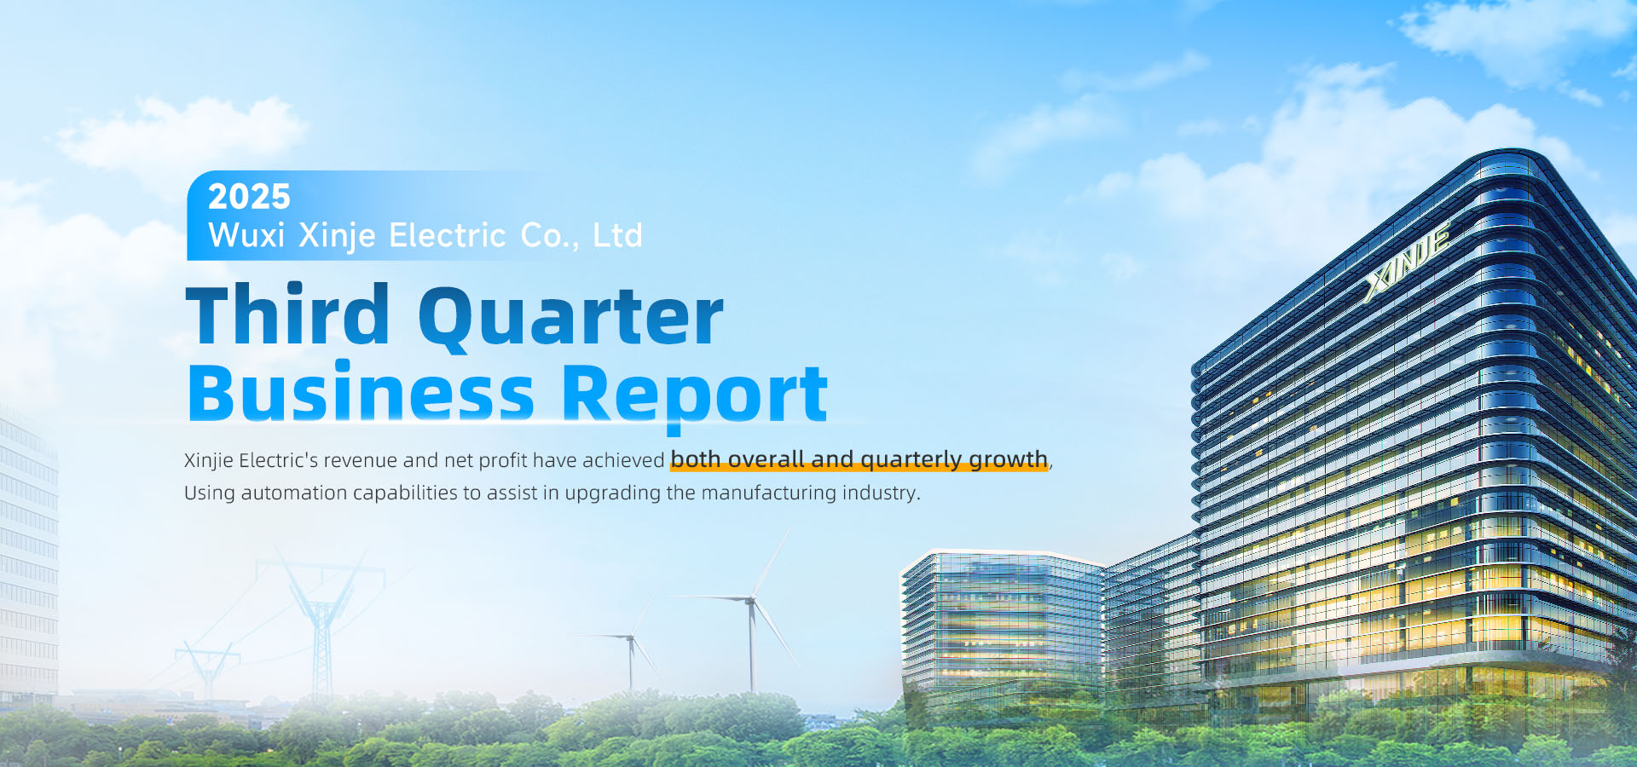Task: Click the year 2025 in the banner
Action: click(x=249, y=197)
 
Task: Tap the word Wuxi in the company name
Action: click(x=246, y=235)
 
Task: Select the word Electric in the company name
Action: click(x=448, y=235)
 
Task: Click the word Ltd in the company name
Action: click(x=617, y=235)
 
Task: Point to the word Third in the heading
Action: click(x=288, y=315)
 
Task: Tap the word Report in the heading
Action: click(x=695, y=395)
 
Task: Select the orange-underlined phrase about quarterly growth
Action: click(x=859, y=459)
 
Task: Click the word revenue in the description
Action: click(x=361, y=460)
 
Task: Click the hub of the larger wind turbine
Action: click(x=750, y=601)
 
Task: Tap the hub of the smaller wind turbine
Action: click(x=631, y=637)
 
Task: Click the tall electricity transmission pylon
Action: click(x=321, y=622)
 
